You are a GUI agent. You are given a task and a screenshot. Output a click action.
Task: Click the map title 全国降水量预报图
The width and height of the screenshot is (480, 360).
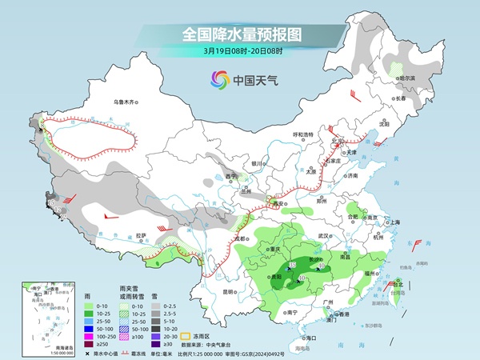pyautogui.click(x=241, y=34)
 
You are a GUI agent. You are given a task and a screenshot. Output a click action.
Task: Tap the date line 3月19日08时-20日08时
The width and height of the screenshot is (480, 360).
pyautogui.click(x=241, y=52)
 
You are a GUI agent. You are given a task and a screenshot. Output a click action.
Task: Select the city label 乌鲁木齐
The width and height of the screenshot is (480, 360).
pyautogui.click(x=125, y=102)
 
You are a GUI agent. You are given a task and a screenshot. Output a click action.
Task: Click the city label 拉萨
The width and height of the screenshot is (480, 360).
pyautogui.click(x=141, y=235)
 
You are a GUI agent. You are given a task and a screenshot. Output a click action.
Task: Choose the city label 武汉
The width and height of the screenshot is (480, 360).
pyautogui.click(x=323, y=236)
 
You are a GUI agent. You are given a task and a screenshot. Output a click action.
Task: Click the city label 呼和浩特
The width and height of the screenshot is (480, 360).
pyautogui.click(x=304, y=134)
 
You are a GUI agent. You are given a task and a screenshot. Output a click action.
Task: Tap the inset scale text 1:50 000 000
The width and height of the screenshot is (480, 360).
pyautogui.click(x=37, y=353)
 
